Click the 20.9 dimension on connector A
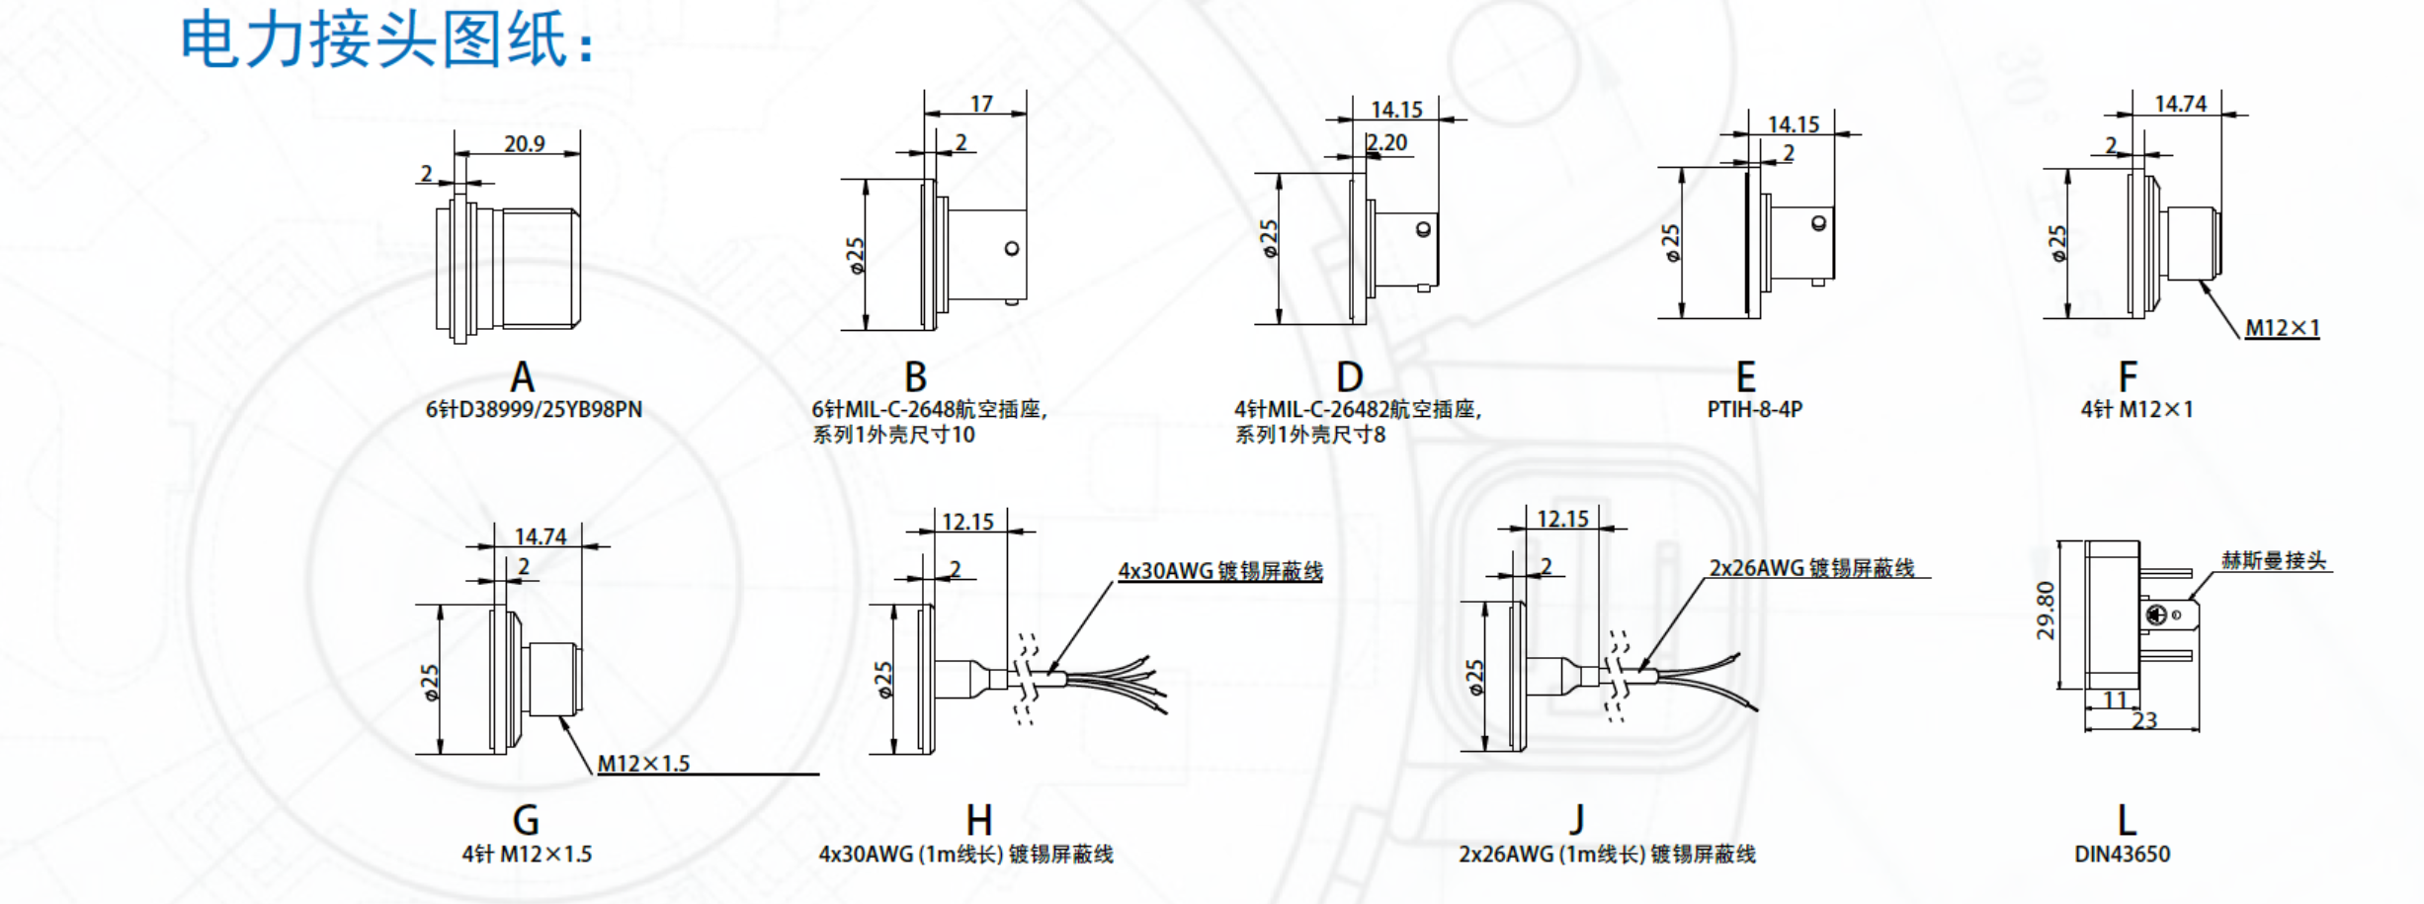point(524,144)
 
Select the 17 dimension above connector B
point(980,104)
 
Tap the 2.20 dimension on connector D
point(1387,143)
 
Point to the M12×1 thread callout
point(2282,328)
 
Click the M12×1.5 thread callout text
point(643,764)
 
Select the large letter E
point(1746,377)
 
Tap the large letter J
point(1577,820)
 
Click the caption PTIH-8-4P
point(1754,409)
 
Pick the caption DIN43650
point(2122,854)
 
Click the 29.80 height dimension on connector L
point(2045,611)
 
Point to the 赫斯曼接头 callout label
point(2274,561)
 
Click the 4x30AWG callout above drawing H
point(1219,571)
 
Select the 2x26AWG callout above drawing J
point(1811,568)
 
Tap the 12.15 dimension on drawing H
point(967,522)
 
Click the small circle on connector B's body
point(1011,248)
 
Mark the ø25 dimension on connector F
point(2057,243)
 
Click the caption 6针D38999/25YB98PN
point(534,409)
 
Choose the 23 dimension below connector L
point(2143,720)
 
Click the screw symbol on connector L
point(2155,616)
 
